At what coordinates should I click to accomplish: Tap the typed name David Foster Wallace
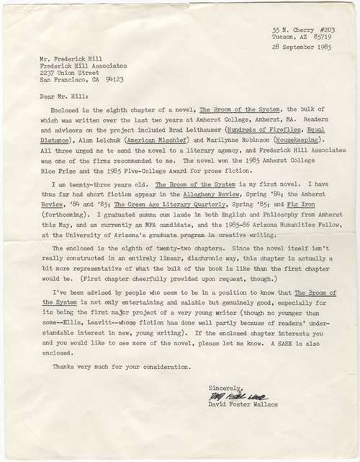pyautogui.click(x=246, y=406)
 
